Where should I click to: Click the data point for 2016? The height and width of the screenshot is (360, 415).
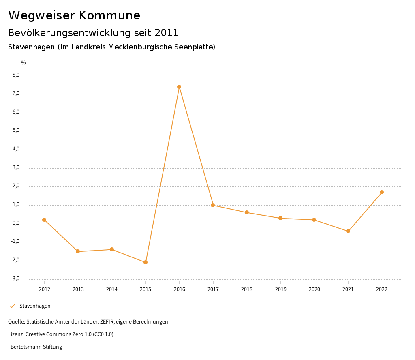point(179,87)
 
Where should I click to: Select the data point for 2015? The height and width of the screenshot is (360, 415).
point(145,262)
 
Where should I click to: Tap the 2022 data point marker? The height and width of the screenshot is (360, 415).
point(382,192)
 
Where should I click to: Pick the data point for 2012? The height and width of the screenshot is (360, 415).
point(44,220)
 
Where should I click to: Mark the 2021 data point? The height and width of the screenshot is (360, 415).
point(348,231)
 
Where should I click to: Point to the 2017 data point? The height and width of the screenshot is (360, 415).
point(213,205)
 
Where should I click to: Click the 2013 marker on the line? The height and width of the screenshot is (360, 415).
point(78,251)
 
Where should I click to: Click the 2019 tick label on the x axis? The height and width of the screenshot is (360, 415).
point(280,289)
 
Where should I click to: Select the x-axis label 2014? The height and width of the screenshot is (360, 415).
point(112,289)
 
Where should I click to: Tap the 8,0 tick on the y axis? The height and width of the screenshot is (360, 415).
point(16,75)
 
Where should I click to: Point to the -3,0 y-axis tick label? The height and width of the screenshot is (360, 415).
point(15,279)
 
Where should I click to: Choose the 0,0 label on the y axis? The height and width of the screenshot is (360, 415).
point(16,223)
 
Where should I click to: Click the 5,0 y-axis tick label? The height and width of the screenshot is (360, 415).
point(16,131)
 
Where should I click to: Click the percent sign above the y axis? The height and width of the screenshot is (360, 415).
point(24,62)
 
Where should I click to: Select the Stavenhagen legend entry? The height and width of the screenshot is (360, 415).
point(35,306)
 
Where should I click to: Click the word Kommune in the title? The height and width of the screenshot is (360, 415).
point(110,15)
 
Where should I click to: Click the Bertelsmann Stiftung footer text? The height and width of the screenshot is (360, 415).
point(36,347)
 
